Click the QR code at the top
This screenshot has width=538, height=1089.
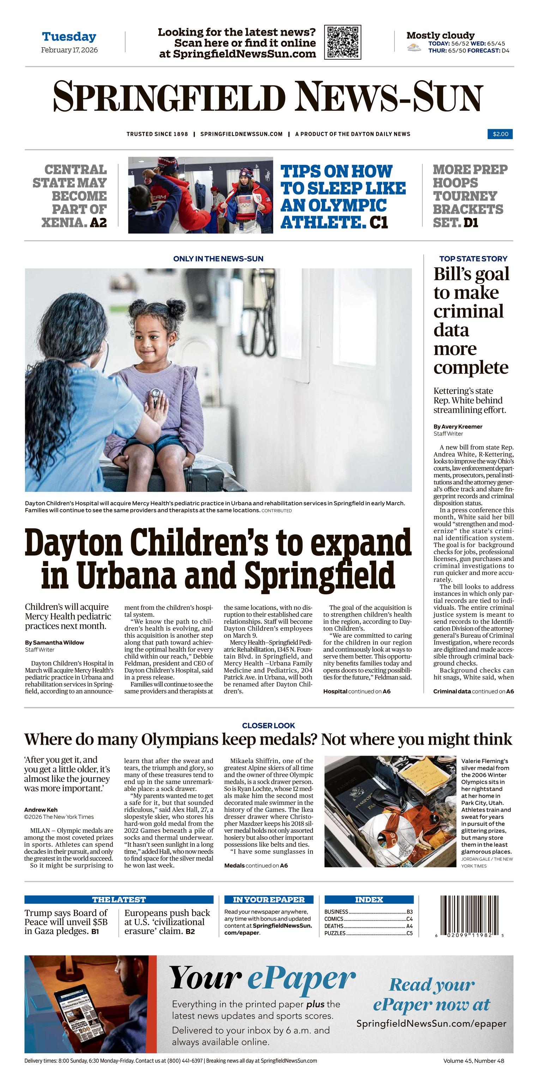[x=343, y=42]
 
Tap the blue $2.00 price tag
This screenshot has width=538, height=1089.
[x=500, y=134]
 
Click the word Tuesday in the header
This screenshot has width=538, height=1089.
[x=69, y=37]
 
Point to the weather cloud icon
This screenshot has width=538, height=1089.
[x=414, y=48]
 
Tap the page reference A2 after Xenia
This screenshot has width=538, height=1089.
[x=98, y=222]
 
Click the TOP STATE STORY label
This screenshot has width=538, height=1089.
[x=473, y=259]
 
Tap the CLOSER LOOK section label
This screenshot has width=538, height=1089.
[x=268, y=725]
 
